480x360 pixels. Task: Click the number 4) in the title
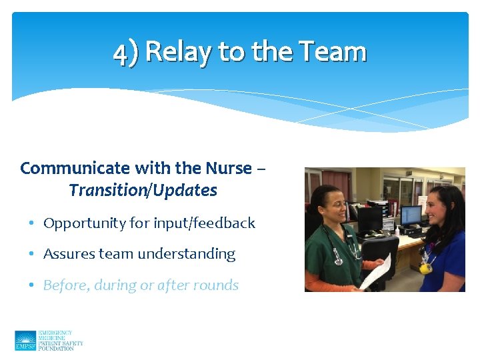[x=127, y=53]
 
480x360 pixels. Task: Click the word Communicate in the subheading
[x=69, y=168]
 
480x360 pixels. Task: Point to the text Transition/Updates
[x=143, y=191]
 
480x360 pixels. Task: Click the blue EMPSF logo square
[x=25, y=341]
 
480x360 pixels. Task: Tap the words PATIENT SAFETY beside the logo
[x=61, y=343]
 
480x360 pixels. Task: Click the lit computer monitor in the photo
[x=411, y=215]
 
